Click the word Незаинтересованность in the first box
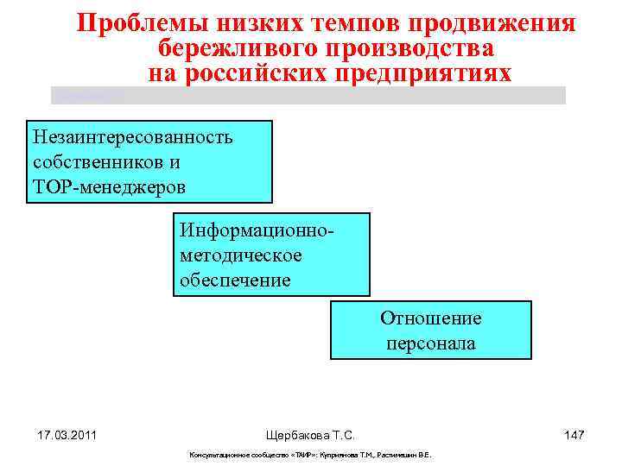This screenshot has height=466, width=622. point(132,138)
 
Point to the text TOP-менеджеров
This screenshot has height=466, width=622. point(109,186)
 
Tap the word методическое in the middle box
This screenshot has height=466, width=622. point(241,255)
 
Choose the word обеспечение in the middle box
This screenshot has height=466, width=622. point(235,280)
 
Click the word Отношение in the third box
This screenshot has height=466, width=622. point(430,318)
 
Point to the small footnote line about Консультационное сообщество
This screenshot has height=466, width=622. point(310,455)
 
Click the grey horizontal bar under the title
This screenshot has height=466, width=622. point(308,95)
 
